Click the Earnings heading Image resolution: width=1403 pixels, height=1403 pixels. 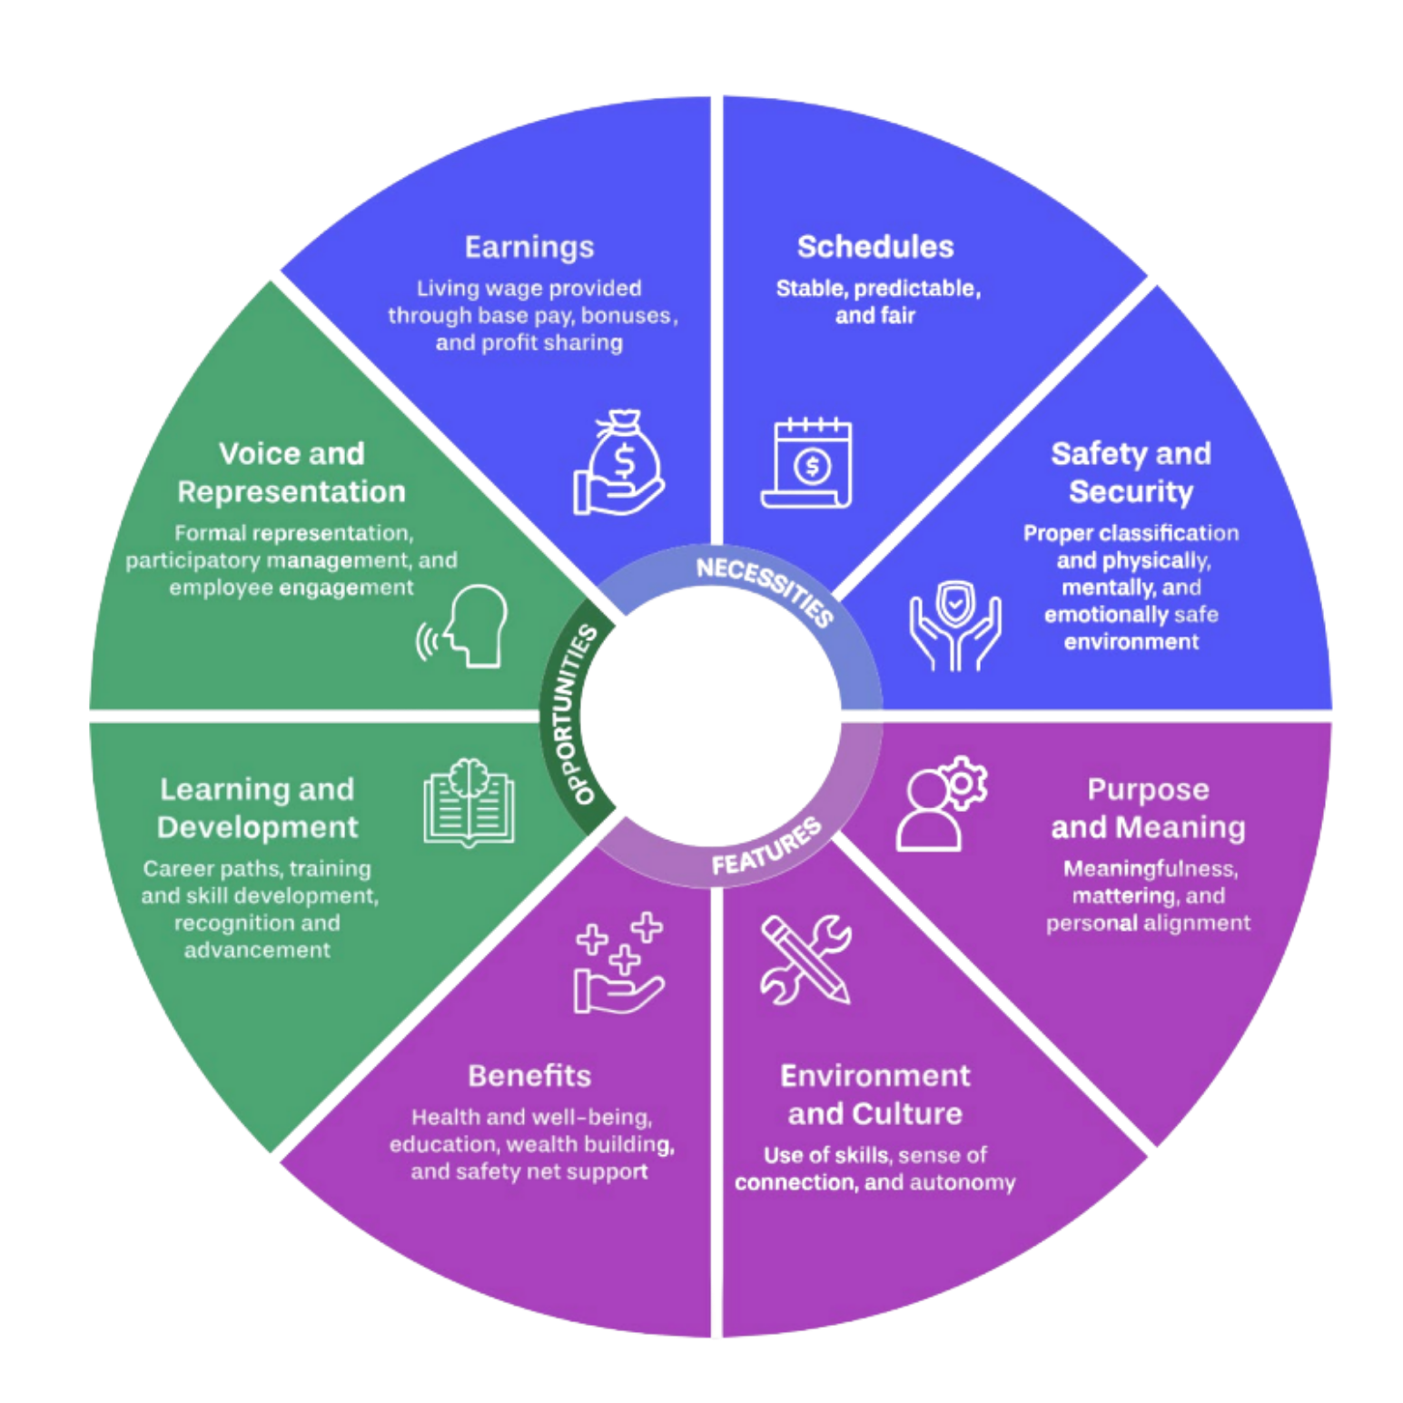tap(529, 247)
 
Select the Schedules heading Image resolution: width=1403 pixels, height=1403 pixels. tap(875, 247)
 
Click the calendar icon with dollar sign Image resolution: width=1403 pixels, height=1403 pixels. tap(807, 464)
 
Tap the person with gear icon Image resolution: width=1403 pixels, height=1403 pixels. tap(941, 803)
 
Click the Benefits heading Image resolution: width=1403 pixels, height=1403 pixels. tap(529, 1076)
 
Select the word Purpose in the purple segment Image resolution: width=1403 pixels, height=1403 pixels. tap(1148, 789)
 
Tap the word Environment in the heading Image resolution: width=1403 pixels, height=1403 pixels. tap(875, 1076)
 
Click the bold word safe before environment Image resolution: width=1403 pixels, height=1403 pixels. tap(1196, 615)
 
